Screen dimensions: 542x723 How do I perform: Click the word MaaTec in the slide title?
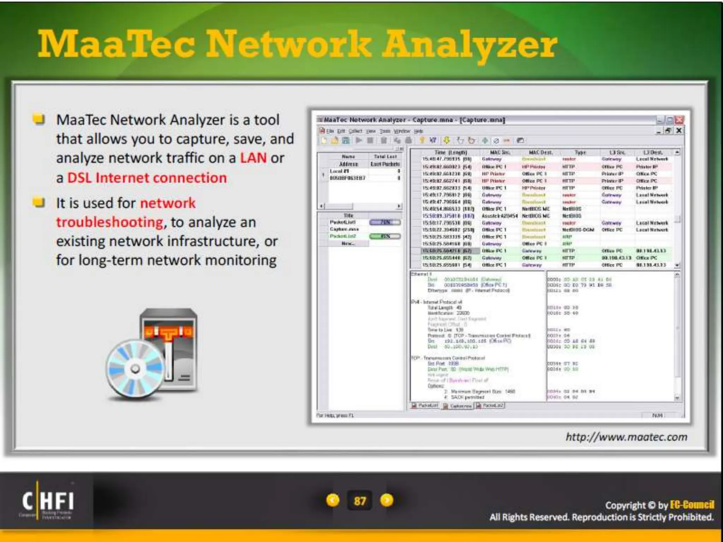coord(116,44)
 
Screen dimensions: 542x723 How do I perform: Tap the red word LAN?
coord(253,158)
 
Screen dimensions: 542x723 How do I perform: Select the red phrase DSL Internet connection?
coord(147,177)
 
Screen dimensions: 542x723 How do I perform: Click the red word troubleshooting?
coord(110,222)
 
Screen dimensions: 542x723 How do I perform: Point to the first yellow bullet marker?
coord(38,119)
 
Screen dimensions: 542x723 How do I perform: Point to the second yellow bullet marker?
coord(38,203)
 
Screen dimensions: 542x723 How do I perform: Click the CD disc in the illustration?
coord(135,369)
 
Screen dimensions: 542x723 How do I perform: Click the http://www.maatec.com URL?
coord(626,437)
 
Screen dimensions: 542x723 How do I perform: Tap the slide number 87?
coord(360,501)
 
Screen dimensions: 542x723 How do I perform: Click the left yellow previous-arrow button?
coord(333,500)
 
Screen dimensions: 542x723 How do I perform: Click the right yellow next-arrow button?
coord(387,500)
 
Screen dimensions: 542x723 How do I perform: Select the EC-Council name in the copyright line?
coord(692,505)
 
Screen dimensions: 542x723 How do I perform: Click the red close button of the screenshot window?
coord(679,120)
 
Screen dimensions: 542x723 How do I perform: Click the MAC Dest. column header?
coord(540,152)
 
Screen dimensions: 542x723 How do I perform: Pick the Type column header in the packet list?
coord(580,152)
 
